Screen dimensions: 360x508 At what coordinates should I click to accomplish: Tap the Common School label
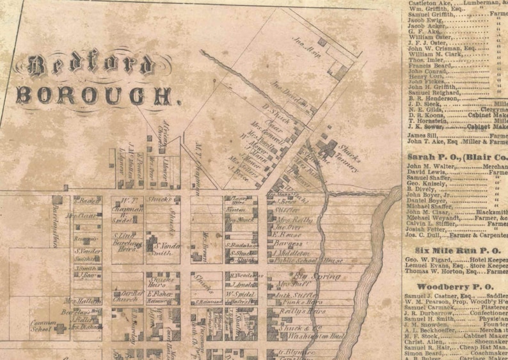coord(40,327)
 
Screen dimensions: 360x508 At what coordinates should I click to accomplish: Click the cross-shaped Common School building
coord(60,329)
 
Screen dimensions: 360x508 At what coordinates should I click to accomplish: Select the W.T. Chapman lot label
coord(127,207)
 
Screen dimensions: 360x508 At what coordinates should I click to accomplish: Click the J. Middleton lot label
coord(292,253)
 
